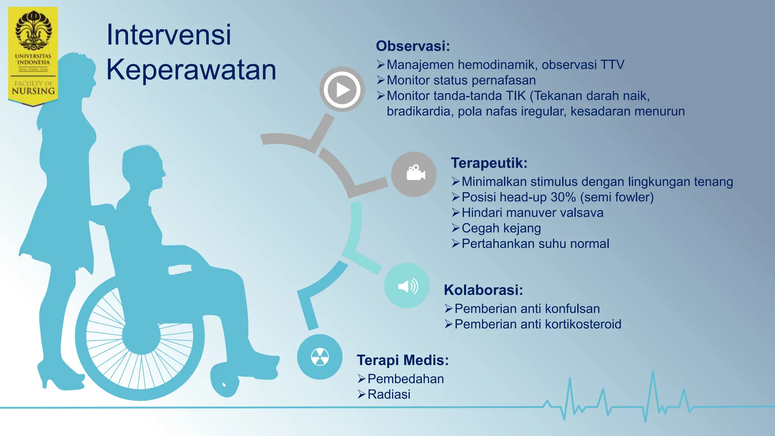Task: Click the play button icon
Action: click(342, 90)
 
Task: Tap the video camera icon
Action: click(414, 174)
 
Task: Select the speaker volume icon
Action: click(407, 286)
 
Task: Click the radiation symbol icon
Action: click(320, 357)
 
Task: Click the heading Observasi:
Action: click(413, 46)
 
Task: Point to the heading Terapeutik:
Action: click(489, 163)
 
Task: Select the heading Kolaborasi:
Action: click(483, 290)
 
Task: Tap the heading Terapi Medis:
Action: click(403, 360)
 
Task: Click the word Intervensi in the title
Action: click(169, 35)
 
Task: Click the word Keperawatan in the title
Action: click(191, 70)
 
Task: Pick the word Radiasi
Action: click(389, 394)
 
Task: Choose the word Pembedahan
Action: click(406, 379)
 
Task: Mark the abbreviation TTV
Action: click(612, 65)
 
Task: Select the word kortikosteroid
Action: click(583, 324)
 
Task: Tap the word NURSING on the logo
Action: click(33, 91)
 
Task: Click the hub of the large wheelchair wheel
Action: click(141, 335)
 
